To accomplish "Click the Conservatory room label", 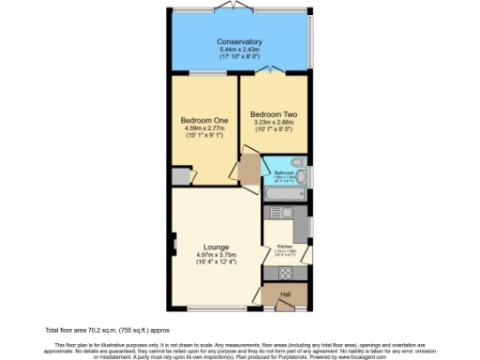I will click(239, 42).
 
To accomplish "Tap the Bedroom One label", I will click(202, 119).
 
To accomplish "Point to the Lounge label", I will click(217, 247).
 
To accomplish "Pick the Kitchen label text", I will click(284, 247).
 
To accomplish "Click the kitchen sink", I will click(302, 228).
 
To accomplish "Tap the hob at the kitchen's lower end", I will click(285, 273).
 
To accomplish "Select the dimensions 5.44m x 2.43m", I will click(239, 50).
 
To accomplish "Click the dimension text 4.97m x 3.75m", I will click(217, 255).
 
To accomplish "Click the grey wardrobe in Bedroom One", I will click(180, 177).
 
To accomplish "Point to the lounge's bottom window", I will click(208, 309).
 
